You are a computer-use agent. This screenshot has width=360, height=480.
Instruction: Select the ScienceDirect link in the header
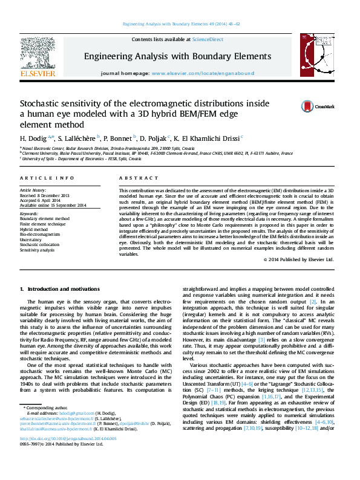point(206,39)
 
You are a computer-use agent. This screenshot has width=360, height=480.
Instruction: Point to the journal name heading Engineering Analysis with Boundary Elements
point(177,56)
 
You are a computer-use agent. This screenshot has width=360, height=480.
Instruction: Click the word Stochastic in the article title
point(42,103)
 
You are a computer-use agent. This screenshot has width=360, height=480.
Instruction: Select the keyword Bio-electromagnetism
point(40,234)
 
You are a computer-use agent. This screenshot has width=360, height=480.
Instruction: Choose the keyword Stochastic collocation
point(41,244)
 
